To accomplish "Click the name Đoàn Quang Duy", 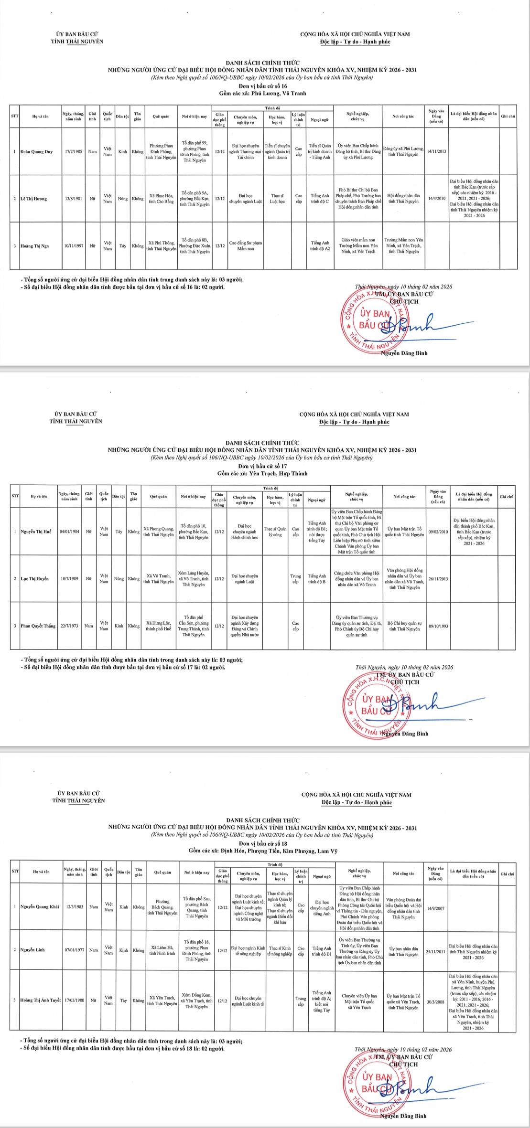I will point(36,152).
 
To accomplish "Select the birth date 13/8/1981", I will point(74,199).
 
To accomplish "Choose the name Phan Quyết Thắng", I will point(38,626).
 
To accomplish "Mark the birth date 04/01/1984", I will point(70,532).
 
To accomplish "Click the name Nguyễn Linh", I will point(33,950).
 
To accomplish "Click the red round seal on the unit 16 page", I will point(372,321).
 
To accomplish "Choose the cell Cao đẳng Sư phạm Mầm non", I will point(246,246).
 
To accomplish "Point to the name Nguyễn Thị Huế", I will point(36,532).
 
